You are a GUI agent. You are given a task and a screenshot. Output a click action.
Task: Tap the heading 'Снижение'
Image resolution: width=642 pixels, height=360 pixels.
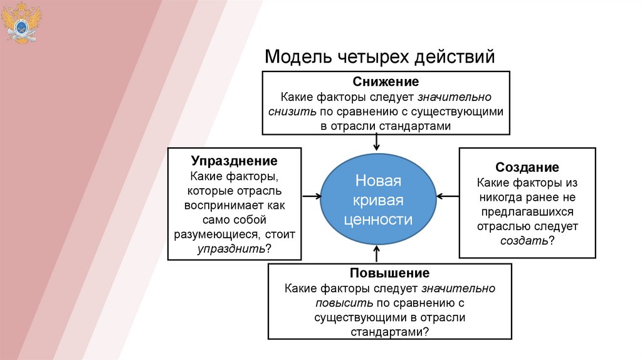(x=386, y=82)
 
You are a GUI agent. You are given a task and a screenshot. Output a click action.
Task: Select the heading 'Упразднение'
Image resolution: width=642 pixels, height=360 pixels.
(x=234, y=161)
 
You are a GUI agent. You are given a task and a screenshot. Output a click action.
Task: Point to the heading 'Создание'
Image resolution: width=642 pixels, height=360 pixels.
(x=527, y=167)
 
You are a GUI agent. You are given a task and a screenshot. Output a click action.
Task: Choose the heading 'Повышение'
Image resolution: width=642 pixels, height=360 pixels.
(x=390, y=273)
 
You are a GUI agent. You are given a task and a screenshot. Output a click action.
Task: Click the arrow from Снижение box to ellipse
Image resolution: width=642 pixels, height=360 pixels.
(x=376, y=143)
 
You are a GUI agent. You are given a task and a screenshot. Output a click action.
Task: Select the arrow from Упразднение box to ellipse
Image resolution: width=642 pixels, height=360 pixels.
(x=311, y=196)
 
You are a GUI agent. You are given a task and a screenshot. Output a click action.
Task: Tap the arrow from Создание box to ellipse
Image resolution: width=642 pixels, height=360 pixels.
(x=448, y=196)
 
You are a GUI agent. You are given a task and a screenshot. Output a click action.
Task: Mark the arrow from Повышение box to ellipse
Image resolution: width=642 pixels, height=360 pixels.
(x=377, y=253)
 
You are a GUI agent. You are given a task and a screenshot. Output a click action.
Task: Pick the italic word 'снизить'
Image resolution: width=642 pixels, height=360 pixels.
(x=287, y=112)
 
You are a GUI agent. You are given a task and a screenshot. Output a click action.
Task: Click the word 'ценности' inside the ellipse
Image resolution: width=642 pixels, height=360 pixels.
(x=377, y=220)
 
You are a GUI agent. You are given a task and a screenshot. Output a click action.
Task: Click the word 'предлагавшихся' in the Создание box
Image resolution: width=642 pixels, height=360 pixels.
(x=527, y=211)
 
